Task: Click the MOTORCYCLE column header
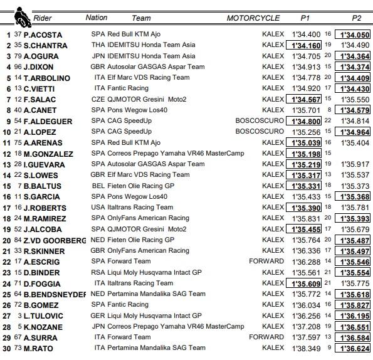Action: click(x=253, y=18)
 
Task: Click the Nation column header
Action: click(x=96, y=18)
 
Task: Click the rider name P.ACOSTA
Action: click(x=42, y=34)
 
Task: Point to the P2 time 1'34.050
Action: click(x=354, y=34)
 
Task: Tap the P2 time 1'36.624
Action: click(x=354, y=348)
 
